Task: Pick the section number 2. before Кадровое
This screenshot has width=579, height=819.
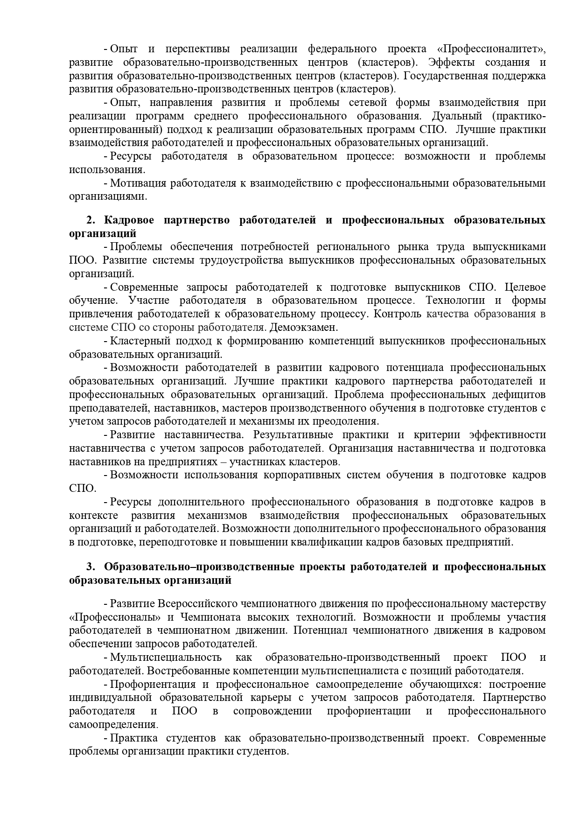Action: coord(91,220)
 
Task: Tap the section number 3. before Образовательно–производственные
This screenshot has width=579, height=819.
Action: coord(91,567)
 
